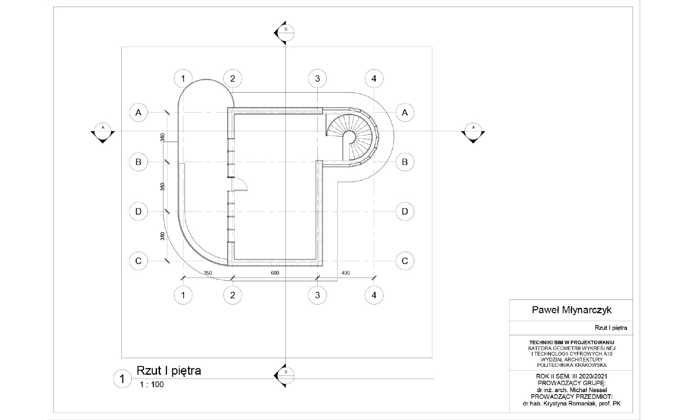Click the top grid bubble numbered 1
183,78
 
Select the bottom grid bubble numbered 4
374,295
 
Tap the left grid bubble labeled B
138,162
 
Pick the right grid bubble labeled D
405,211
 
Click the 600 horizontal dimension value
275,273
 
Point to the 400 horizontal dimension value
346,273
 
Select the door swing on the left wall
240,184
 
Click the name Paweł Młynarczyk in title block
571,310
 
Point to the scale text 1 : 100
152,385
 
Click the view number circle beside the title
122,379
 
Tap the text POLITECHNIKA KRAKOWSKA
572,365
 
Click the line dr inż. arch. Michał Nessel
571,390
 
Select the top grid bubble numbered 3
317,78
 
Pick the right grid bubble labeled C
405,261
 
